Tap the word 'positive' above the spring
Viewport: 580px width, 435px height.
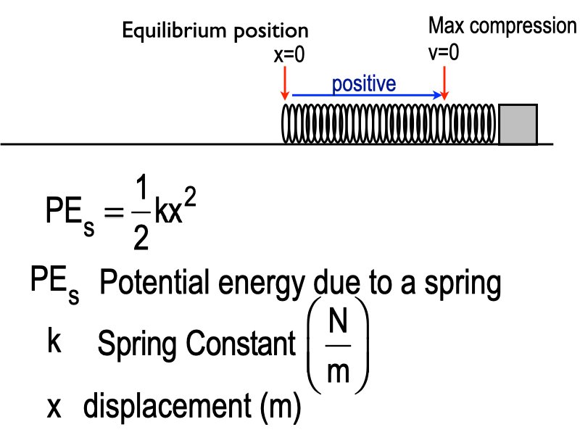(x=364, y=83)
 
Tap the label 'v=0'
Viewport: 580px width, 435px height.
(x=444, y=52)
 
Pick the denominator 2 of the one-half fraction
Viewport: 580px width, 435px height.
(x=141, y=237)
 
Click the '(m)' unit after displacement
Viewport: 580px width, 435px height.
(x=277, y=408)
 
